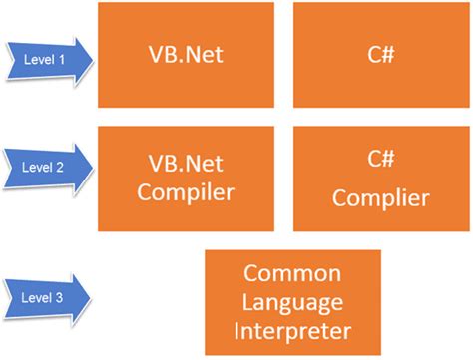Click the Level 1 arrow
[x=48, y=59]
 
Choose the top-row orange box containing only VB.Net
[x=186, y=55]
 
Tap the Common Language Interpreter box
[x=292, y=302]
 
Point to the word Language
[x=293, y=301]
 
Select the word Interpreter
[x=293, y=329]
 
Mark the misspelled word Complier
[x=381, y=197]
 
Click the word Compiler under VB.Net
[x=186, y=192]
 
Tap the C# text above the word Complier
[x=381, y=160]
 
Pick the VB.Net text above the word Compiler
[x=186, y=162]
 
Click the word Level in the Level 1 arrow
[x=38, y=59]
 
